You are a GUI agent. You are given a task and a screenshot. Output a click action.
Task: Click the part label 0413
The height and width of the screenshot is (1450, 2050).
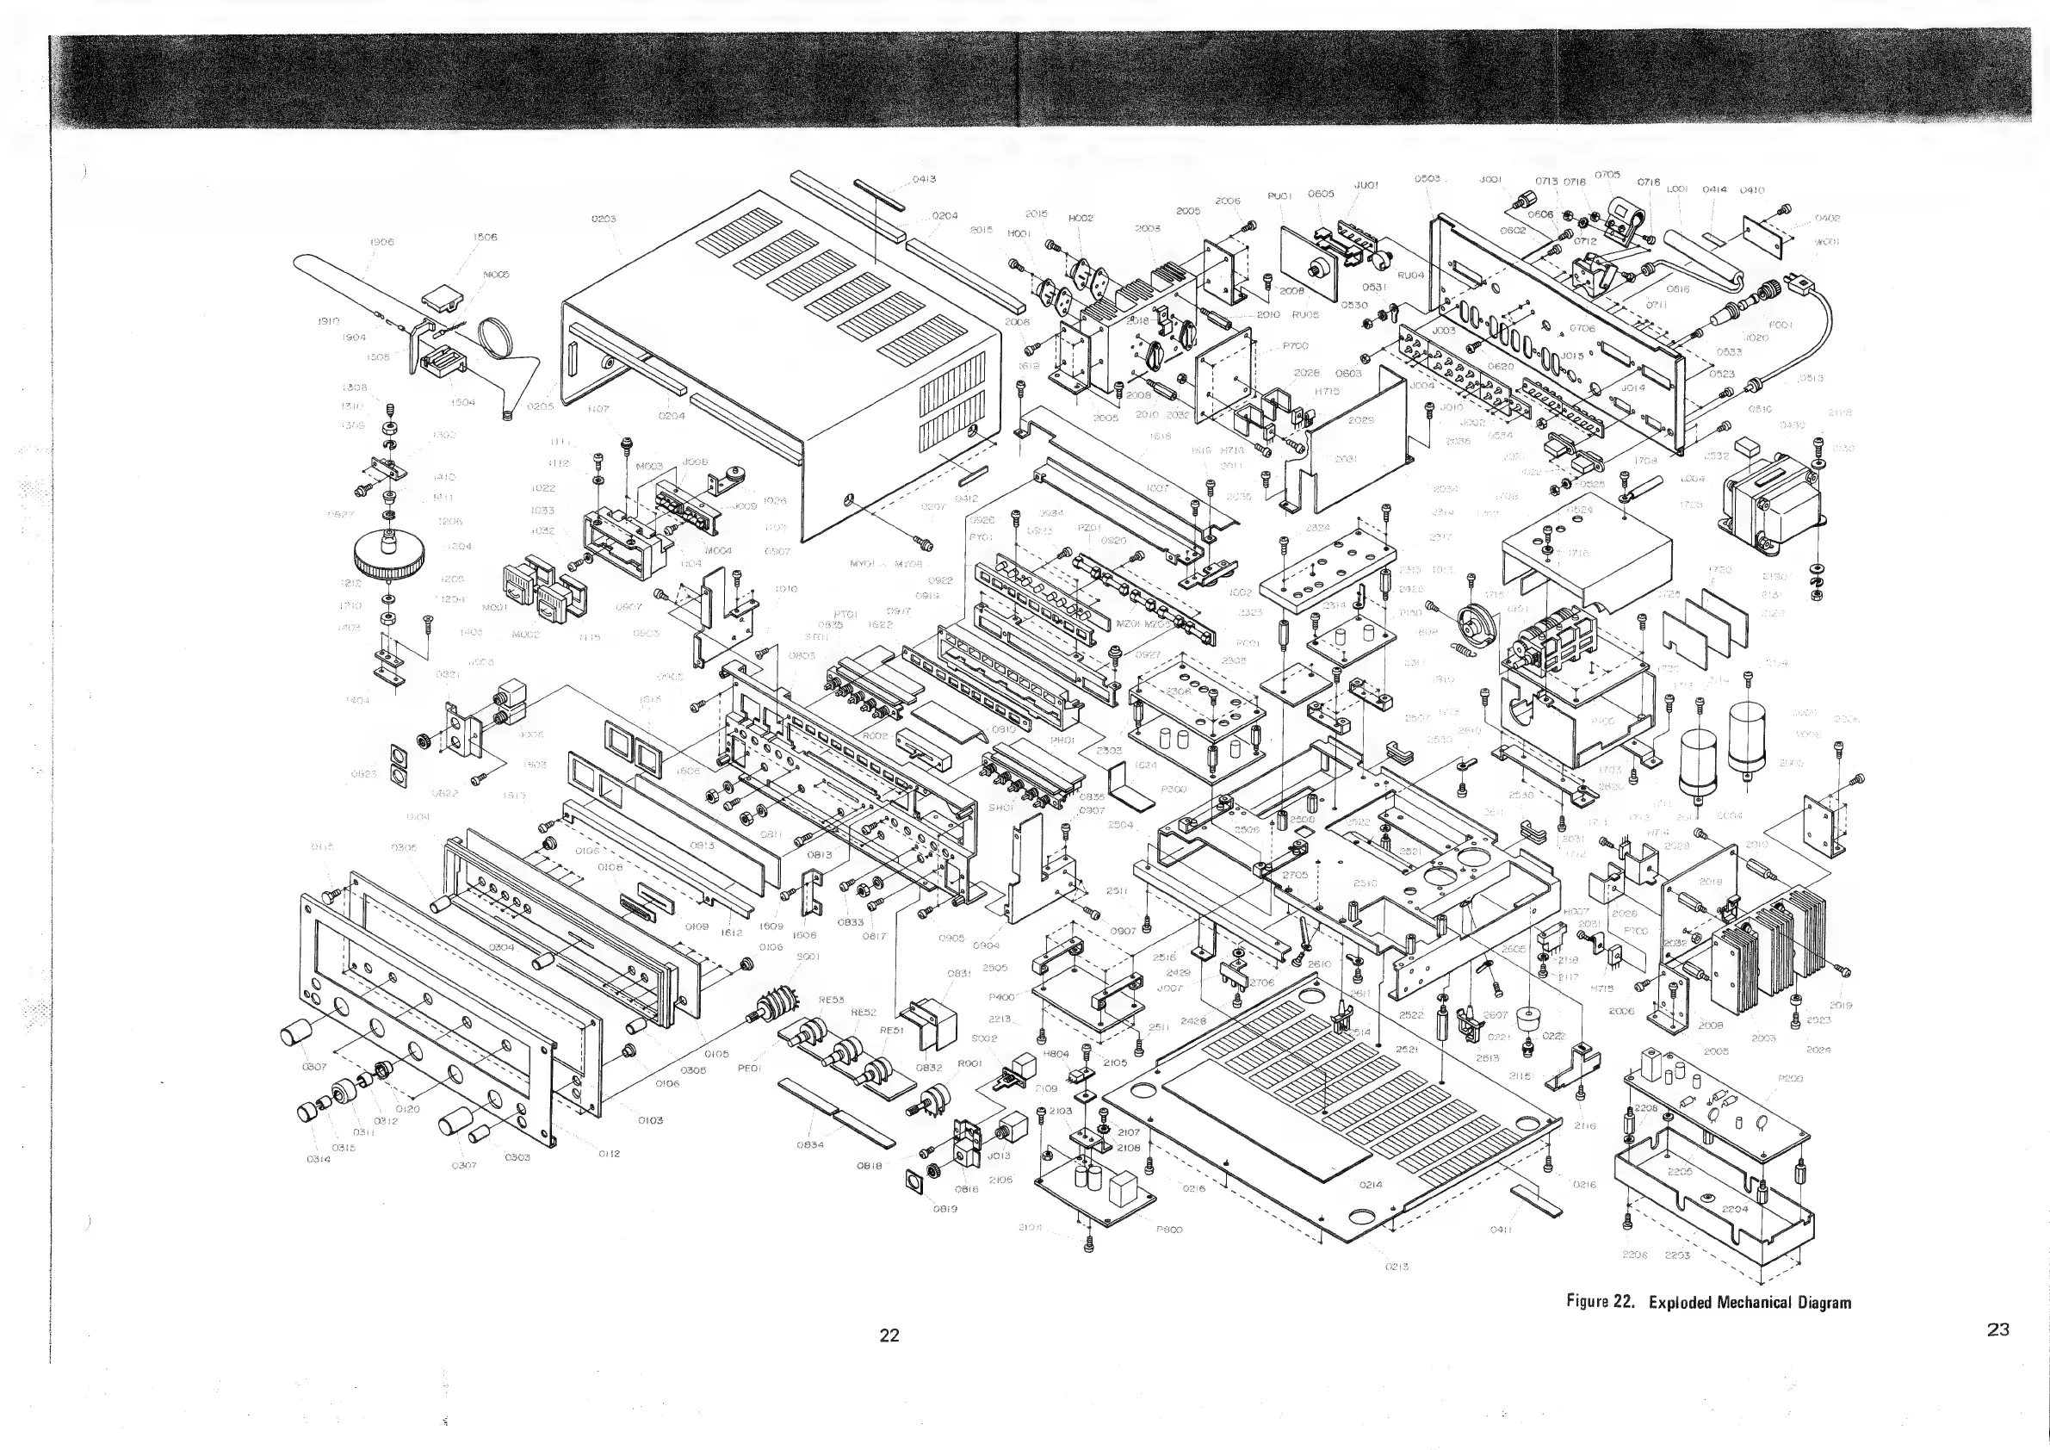click(x=923, y=179)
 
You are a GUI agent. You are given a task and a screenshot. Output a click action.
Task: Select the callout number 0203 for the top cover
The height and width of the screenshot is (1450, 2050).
click(x=604, y=219)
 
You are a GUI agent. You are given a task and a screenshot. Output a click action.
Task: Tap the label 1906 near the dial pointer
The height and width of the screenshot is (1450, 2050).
click(x=381, y=242)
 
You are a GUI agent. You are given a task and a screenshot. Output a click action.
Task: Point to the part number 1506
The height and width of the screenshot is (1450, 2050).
click(x=485, y=238)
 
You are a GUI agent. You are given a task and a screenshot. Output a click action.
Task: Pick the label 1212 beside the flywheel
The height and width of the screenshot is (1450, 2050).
click(x=351, y=583)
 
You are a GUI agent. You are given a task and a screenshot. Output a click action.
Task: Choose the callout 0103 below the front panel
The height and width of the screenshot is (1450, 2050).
click(x=650, y=1119)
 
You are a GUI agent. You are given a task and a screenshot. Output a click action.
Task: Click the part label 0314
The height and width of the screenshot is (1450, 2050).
click(x=318, y=1160)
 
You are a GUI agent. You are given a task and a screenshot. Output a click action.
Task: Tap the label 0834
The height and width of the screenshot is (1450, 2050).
click(x=810, y=1144)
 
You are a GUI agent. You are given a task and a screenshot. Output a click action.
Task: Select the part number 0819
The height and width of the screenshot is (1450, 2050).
click(x=944, y=1209)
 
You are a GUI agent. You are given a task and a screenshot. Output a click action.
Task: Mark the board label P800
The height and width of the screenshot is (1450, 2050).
click(x=1168, y=1230)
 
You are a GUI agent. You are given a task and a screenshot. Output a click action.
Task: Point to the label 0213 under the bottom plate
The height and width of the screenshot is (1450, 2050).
click(x=1397, y=1266)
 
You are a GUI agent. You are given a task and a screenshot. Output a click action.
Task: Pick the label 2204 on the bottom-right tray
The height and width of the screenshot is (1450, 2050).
click(x=1735, y=1209)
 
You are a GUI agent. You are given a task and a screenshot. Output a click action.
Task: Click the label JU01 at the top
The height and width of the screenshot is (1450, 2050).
click(x=1366, y=186)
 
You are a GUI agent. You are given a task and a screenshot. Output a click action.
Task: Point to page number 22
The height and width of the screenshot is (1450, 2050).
click(x=889, y=1335)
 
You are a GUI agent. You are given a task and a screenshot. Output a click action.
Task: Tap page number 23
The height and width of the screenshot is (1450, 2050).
click(x=1998, y=1329)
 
